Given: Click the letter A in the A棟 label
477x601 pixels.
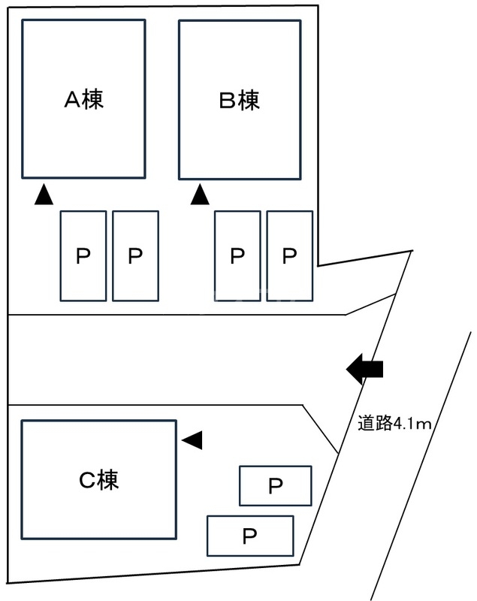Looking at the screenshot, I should tap(71, 100).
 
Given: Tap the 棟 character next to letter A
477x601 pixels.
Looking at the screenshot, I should tap(93, 100).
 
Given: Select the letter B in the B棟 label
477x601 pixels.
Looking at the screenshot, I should tap(228, 100).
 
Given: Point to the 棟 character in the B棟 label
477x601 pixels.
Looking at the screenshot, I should tap(249, 100).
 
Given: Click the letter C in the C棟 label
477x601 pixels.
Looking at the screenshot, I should tap(86, 481).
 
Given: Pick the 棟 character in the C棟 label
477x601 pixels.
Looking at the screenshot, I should tap(108, 481).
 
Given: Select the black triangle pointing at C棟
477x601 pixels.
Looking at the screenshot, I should tap(193, 440).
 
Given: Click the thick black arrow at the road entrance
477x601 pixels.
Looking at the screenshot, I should tap(365, 369).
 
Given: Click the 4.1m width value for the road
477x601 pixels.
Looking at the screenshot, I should tap(412, 424).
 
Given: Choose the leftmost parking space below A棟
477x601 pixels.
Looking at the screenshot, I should tap(83, 256).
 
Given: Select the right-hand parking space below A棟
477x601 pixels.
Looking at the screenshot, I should tap(135, 256).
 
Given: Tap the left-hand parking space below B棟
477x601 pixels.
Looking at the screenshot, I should tap(237, 256).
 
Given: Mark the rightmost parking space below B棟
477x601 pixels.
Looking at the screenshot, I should tap(290, 256).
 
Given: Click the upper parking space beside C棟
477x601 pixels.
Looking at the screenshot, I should tap(275, 486).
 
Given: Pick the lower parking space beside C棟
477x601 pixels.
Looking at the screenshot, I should tap(250, 536).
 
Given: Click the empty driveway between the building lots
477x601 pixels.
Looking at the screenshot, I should tap(173, 359).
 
